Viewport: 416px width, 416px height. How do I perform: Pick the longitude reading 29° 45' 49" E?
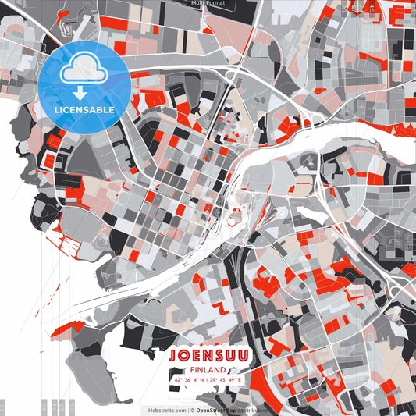point(227,379)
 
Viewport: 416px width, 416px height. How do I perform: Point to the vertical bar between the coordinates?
point(207,379)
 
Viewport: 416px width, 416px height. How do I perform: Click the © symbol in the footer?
point(192,409)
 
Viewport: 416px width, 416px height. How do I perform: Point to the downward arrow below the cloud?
point(80,94)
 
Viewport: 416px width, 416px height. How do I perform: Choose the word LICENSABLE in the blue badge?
point(84,110)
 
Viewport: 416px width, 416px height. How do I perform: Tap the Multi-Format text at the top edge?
point(208,3)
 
